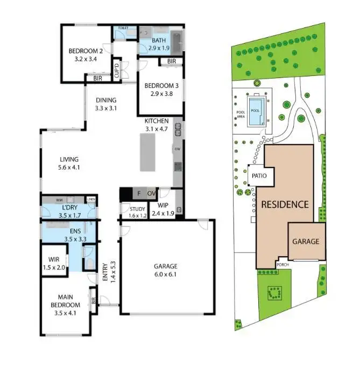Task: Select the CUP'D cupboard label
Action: (x=117, y=72)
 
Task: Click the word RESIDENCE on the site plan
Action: (x=285, y=204)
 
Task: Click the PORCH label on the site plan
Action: (x=283, y=265)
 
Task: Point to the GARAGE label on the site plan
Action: (x=306, y=242)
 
